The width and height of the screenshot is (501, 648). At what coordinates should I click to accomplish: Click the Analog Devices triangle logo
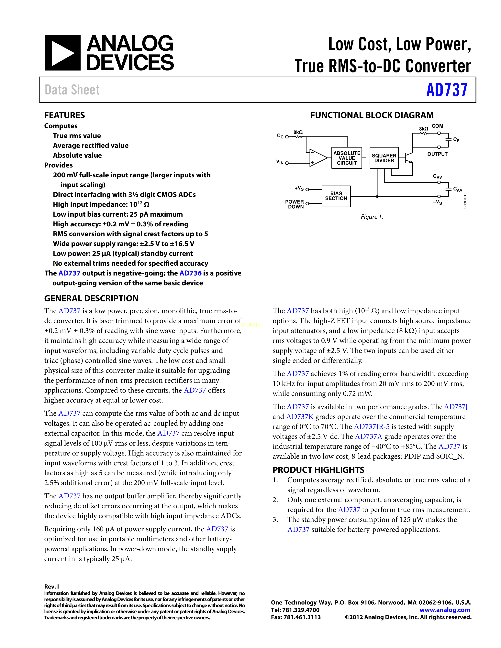click(62, 53)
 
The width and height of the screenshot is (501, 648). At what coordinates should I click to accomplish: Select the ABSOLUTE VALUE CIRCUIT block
click(347, 158)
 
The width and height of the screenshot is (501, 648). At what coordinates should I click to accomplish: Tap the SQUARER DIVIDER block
click(384, 158)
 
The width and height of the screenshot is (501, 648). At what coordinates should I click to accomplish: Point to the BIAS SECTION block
click(336, 196)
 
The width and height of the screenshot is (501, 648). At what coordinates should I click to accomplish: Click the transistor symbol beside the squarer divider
click(409, 157)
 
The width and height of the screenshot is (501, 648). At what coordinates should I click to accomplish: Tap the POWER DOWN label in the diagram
click(295, 204)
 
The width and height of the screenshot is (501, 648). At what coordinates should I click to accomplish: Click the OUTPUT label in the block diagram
click(437, 154)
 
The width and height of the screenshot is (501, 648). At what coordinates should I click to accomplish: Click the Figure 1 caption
click(372, 217)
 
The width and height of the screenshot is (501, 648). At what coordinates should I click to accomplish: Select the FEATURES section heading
click(64, 115)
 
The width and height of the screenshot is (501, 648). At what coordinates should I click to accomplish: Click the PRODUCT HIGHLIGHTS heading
click(318, 470)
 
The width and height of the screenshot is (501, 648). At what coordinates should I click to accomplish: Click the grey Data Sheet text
click(72, 90)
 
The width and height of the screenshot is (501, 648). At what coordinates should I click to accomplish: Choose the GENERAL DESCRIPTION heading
click(91, 298)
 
